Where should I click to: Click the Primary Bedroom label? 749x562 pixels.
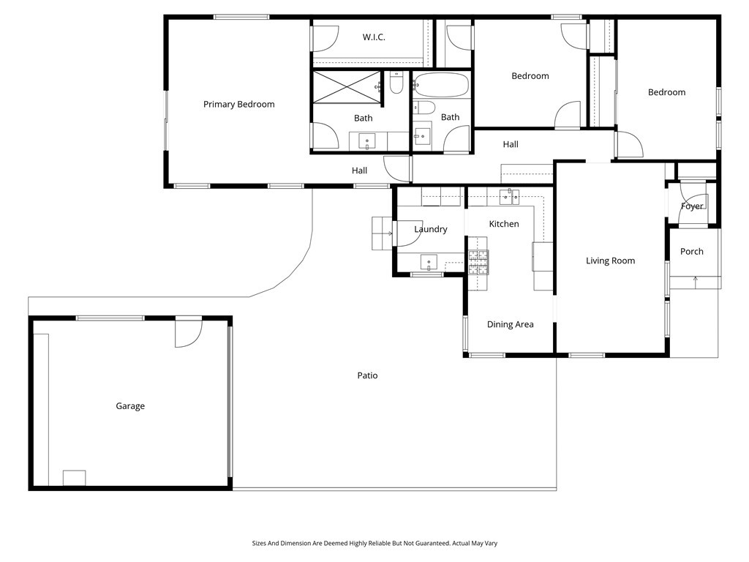pyautogui.click(x=239, y=104)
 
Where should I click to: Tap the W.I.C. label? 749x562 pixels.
pyautogui.click(x=374, y=37)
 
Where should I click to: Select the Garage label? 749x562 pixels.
pyautogui.click(x=130, y=406)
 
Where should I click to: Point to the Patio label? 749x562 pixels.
pyautogui.click(x=367, y=375)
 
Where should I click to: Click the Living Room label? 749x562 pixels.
pyautogui.click(x=611, y=261)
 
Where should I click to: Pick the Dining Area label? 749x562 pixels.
pyautogui.click(x=510, y=324)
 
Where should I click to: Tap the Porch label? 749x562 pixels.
pyautogui.click(x=692, y=252)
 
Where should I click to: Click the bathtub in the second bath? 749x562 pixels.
pyautogui.click(x=440, y=85)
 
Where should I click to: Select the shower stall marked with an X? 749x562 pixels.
pyautogui.click(x=347, y=86)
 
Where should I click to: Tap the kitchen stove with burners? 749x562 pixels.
pyautogui.click(x=478, y=263)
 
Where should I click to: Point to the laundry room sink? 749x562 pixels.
pyautogui.click(x=429, y=262)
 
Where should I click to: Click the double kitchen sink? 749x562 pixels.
pyautogui.click(x=510, y=196)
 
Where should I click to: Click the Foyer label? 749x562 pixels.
pyautogui.click(x=692, y=206)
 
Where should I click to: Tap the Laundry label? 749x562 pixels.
pyautogui.click(x=430, y=229)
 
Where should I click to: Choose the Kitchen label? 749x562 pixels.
pyautogui.click(x=504, y=224)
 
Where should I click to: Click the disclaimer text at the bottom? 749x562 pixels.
pyautogui.click(x=374, y=544)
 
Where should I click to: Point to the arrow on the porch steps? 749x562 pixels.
pyautogui.click(x=696, y=282)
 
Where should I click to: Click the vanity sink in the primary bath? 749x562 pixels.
pyautogui.click(x=367, y=142)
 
